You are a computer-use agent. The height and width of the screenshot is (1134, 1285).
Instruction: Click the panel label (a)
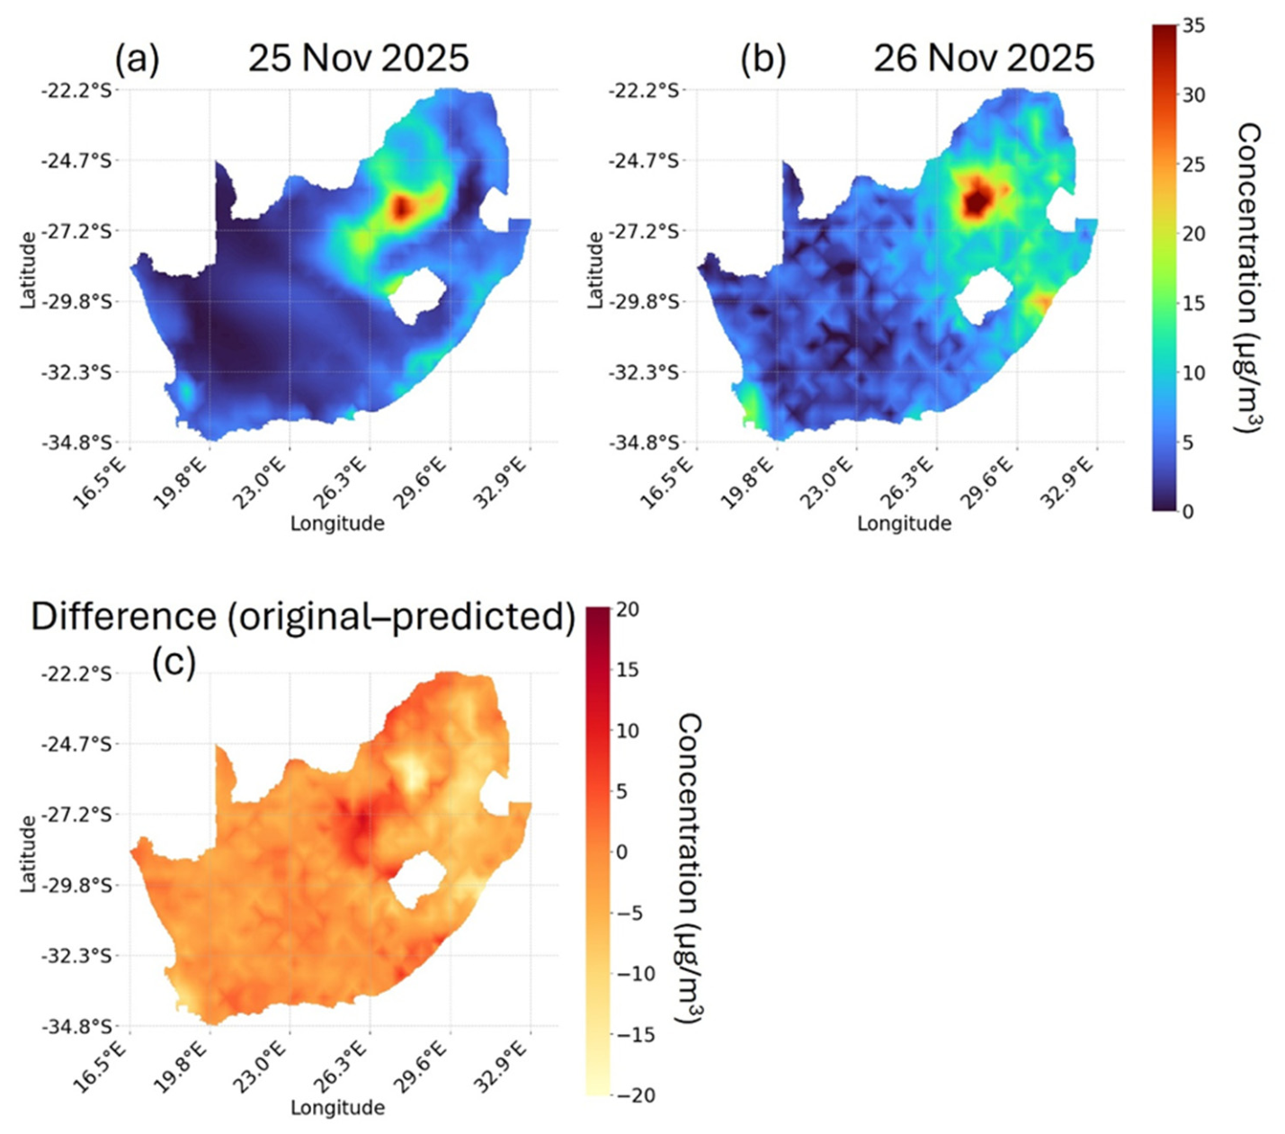click(137, 59)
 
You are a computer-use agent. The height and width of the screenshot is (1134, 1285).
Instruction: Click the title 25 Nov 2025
click(359, 58)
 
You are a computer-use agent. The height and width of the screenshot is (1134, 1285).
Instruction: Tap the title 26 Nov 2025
click(984, 58)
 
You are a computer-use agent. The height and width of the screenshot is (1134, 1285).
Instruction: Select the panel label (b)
click(763, 59)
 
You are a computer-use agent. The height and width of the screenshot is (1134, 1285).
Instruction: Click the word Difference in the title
click(124, 617)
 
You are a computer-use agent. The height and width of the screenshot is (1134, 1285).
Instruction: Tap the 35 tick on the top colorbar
click(1193, 26)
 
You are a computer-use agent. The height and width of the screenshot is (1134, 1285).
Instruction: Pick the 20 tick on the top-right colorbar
click(1193, 234)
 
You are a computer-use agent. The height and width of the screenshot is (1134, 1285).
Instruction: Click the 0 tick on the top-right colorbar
click(1188, 511)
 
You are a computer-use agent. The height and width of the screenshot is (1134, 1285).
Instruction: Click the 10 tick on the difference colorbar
click(628, 730)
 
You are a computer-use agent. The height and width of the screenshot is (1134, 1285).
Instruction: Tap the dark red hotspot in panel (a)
click(401, 207)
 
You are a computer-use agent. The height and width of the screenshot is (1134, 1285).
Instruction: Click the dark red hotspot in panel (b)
click(977, 201)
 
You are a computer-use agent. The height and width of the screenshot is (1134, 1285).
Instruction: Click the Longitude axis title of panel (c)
click(337, 1107)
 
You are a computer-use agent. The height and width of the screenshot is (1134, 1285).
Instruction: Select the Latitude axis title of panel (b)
click(595, 270)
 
